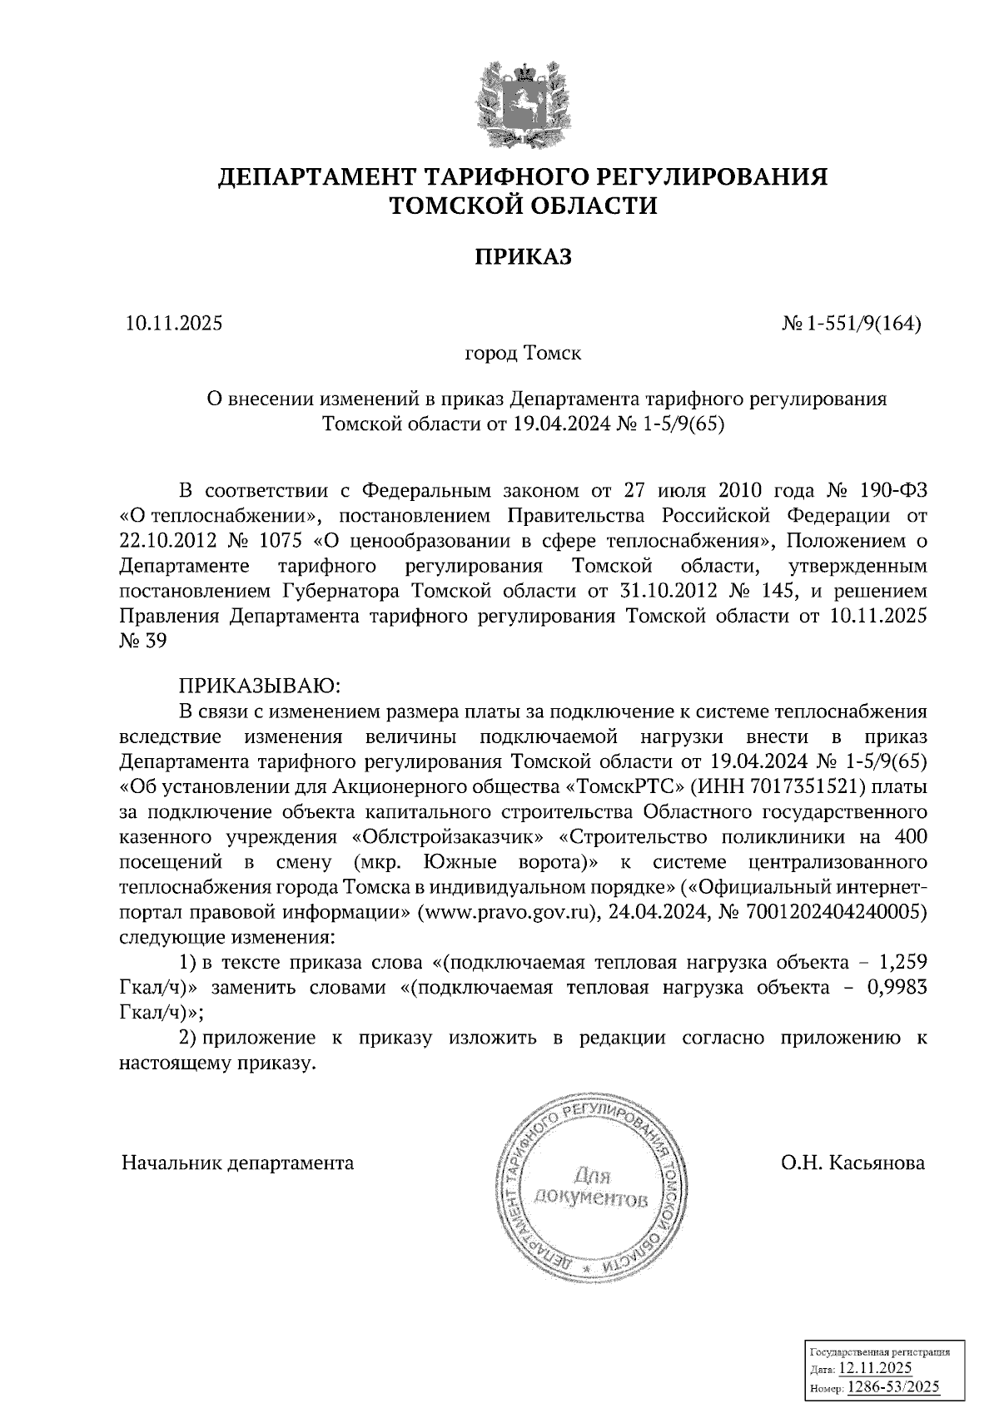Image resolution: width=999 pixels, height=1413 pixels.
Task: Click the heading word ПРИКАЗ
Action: click(x=524, y=257)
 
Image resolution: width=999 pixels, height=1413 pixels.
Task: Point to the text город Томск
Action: click(x=523, y=353)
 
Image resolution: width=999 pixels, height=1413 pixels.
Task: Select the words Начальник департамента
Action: click(x=237, y=1163)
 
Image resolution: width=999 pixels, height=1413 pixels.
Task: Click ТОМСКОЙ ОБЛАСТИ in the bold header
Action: click(x=524, y=205)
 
